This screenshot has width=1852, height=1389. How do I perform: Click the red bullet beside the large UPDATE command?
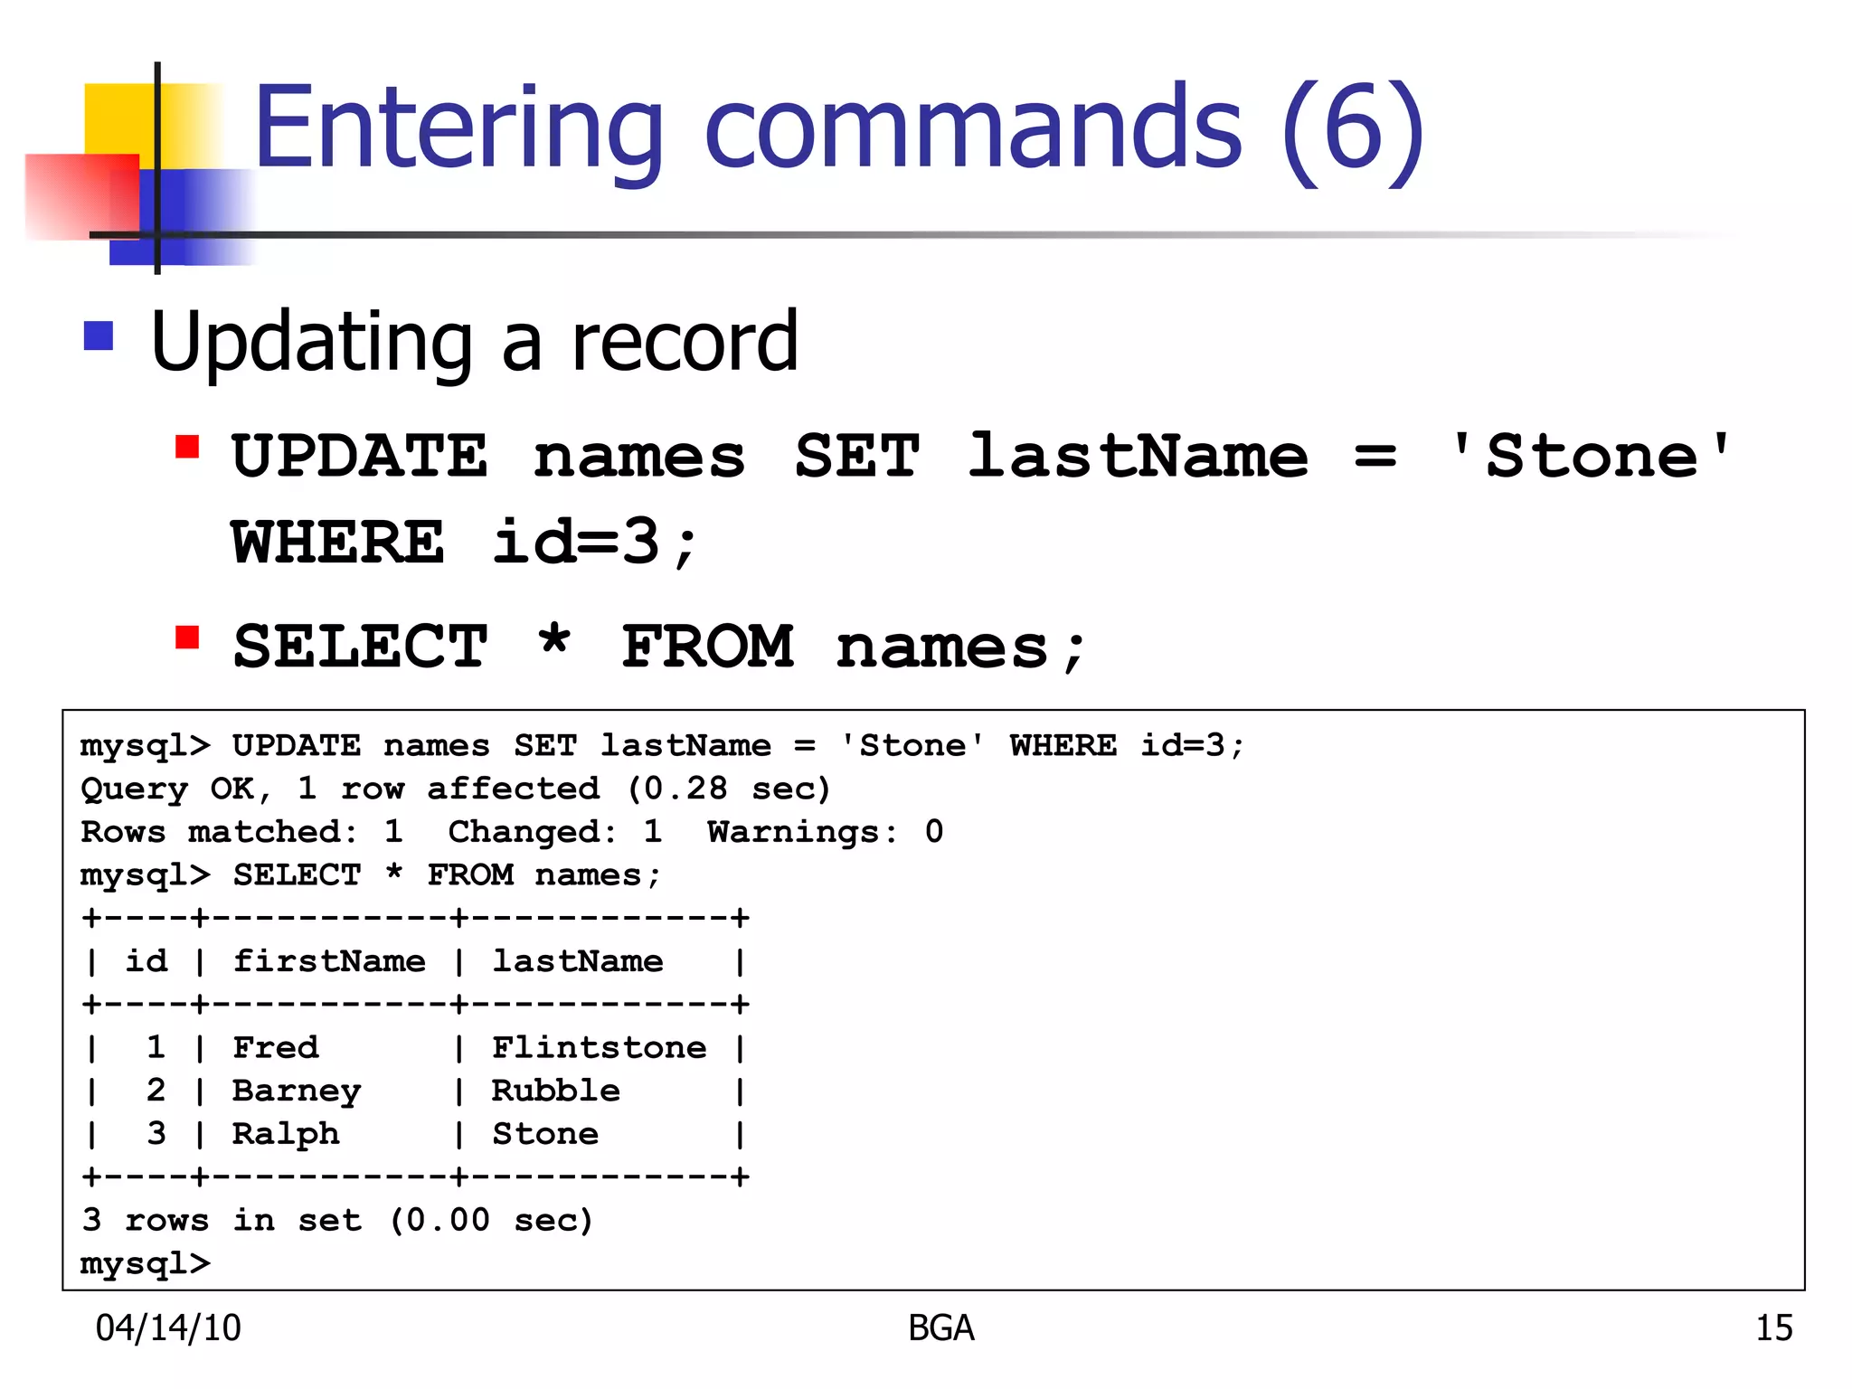coord(187,447)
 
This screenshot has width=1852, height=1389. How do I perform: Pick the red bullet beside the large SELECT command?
coord(187,638)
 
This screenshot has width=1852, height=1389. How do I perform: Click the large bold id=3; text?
coord(594,543)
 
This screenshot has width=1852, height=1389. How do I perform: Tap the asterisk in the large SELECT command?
coord(553,643)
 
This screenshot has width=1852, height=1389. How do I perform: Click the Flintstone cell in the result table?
coord(599,1047)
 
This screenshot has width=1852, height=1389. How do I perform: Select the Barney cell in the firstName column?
coord(297,1091)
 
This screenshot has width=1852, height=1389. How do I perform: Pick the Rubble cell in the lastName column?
coord(555,1091)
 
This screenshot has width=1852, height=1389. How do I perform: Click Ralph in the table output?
coord(286,1134)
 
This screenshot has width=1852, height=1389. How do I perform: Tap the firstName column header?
coord(329,960)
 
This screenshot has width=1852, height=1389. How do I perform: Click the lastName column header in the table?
coord(577,960)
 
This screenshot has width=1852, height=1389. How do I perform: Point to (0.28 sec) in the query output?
coord(729,789)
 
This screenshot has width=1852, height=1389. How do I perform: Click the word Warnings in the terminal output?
coord(793,832)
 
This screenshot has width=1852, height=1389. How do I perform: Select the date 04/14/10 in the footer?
coord(168,1328)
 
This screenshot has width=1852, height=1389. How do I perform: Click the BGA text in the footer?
coord(940,1328)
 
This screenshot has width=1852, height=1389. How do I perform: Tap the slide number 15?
coord(1773,1328)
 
